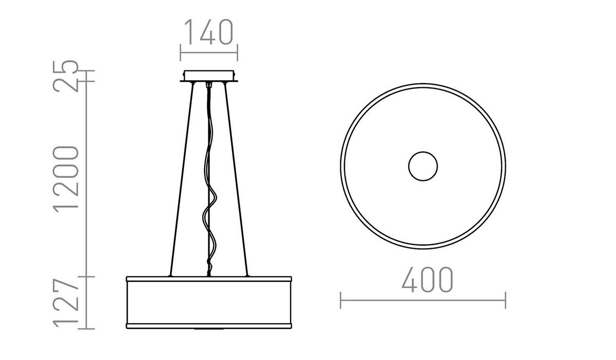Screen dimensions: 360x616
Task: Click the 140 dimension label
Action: point(208,32)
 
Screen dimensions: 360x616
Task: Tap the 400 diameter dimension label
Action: point(427,280)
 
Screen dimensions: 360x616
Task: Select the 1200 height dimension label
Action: point(68,177)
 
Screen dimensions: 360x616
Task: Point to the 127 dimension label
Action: point(68,304)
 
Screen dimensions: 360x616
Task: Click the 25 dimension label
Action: point(68,76)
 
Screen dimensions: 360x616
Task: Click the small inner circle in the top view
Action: point(423,166)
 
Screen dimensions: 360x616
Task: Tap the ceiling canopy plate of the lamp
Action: point(209,76)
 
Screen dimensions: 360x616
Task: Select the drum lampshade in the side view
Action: point(209,302)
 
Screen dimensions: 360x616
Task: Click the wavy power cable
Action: point(210,205)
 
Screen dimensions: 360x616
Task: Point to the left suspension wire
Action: point(181,180)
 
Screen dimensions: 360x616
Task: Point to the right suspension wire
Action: point(237,180)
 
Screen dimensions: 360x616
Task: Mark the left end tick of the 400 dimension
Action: point(341,300)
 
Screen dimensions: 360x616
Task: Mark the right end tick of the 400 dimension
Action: point(506,300)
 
